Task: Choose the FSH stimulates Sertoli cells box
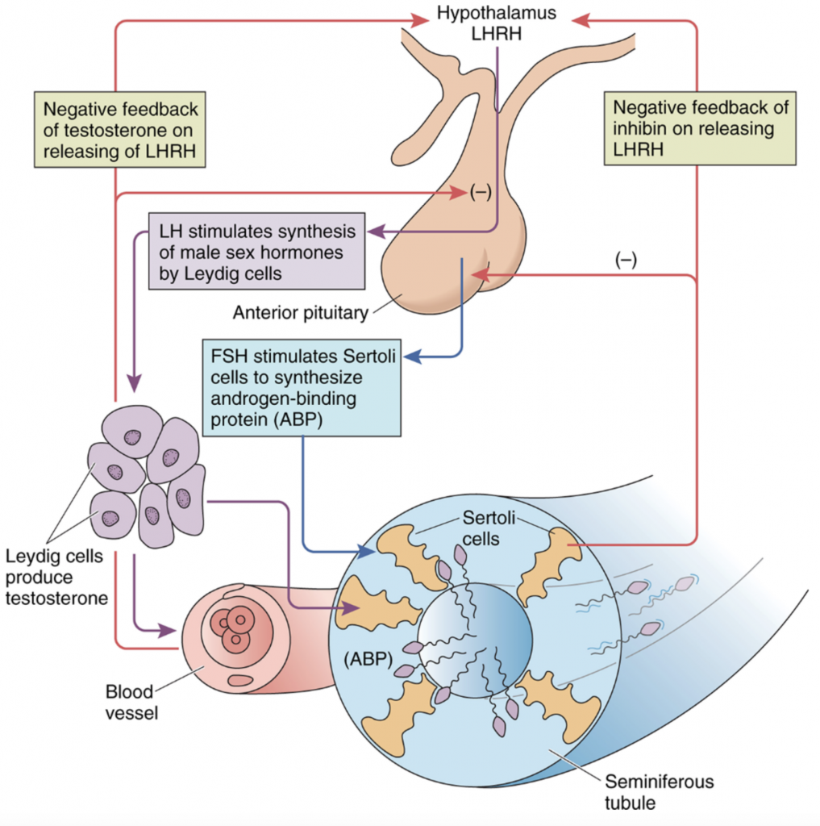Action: pos(301,387)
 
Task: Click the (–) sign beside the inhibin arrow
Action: pos(625,261)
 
